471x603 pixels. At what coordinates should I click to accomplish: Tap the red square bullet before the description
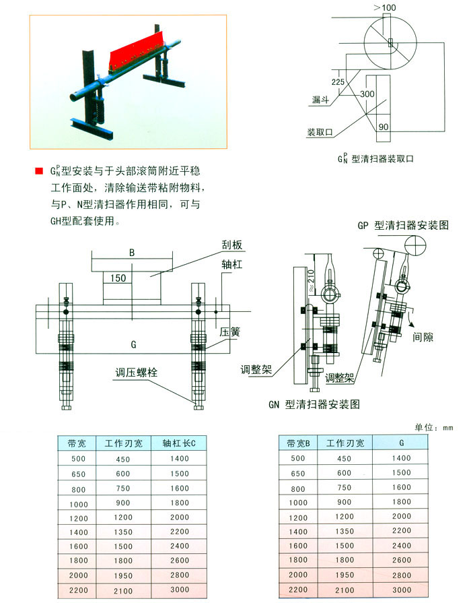click(39, 170)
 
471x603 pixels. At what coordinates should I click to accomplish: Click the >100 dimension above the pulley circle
click(385, 7)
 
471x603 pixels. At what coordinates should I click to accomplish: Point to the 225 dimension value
click(338, 82)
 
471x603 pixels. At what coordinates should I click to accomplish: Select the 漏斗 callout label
click(320, 100)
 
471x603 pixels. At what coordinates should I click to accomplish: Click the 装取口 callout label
click(320, 132)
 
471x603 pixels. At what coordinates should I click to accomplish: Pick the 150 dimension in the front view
click(118, 278)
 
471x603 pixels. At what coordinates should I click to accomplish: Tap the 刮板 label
click(232, 245)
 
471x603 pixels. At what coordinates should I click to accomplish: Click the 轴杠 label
click(232, 265)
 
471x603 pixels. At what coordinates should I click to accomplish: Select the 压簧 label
click(230, 332)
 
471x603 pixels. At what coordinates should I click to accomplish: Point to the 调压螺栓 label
click(137, 373)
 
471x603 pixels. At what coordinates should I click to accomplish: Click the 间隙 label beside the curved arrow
click(423, 338)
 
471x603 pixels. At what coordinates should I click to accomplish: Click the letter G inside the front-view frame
click(133, 344)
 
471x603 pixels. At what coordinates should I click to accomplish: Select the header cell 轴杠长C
click(178, 443)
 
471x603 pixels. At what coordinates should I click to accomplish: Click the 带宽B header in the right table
click(298, 443)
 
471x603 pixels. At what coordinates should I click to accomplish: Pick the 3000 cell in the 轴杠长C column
click(180, 590)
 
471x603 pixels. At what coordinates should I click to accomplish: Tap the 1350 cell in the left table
click(123, 532)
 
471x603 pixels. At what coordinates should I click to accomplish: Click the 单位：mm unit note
click(434, 427)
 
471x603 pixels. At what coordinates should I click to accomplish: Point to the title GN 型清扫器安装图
click(314, 404)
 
